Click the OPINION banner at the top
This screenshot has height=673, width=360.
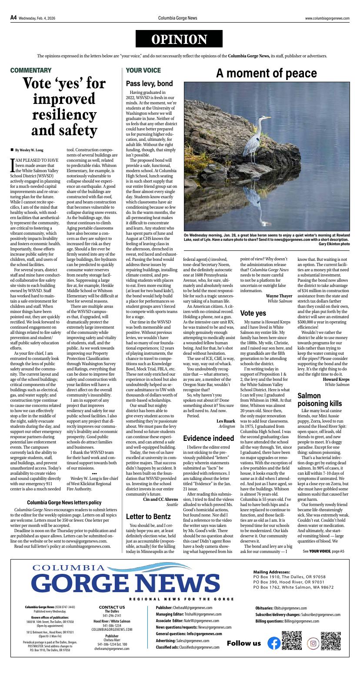(x=179, y=40)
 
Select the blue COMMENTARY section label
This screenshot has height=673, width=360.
(x=31, y=70)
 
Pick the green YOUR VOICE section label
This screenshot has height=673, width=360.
(x=143, y=70)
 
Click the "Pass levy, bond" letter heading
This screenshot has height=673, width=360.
(x=149, y=83)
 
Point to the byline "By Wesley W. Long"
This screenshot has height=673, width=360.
(x=29, y=150)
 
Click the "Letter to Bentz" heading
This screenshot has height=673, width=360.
(x=148, y=516)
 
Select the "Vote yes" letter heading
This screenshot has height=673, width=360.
(x=253, y=313)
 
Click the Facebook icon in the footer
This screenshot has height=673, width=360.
(x=273, y=643)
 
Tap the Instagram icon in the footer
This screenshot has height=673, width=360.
(x=313, y=643)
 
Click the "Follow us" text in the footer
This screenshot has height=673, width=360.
(x=243, y=643)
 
